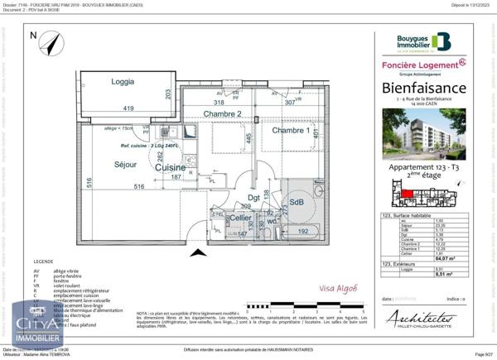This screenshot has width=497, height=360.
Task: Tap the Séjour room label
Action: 125,165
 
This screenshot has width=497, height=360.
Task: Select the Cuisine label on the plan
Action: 170,167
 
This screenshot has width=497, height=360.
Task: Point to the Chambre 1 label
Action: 290,131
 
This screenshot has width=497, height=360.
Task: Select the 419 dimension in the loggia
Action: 128,108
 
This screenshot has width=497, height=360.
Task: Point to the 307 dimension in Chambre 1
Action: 290,103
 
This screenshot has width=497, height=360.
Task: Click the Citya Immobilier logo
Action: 37,328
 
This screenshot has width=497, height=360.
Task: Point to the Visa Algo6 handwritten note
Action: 339,288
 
